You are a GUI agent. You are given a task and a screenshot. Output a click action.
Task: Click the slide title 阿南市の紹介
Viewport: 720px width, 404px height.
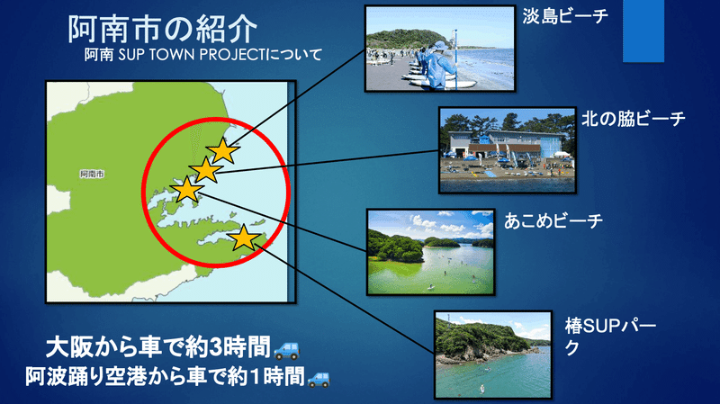163,30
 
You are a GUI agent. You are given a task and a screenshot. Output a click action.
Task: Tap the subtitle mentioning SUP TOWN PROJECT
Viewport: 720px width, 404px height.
203,55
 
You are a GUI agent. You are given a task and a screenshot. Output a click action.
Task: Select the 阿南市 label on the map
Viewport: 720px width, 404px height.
92,174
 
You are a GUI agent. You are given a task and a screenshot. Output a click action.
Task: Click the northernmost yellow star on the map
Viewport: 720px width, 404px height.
222,150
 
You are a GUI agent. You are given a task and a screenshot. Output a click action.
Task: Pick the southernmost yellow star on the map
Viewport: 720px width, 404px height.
244,238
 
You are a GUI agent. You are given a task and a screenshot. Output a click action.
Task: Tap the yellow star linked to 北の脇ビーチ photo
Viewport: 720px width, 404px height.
206,170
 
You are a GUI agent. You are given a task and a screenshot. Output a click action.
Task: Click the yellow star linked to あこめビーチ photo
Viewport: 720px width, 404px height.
187,190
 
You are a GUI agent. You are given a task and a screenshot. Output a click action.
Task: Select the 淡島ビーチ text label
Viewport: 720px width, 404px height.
565,16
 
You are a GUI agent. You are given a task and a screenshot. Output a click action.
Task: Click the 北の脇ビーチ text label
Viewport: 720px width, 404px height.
634,119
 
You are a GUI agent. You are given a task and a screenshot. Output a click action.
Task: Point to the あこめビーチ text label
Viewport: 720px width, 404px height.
553,221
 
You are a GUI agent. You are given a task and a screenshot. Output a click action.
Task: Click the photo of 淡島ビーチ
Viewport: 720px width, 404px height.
440,49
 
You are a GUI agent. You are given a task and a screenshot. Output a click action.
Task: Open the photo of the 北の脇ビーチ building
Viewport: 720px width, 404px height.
508,150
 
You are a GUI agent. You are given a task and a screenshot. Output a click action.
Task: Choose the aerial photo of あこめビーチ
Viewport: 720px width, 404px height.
431,252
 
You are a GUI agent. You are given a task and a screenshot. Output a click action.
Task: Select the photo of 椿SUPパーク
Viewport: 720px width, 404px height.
493,355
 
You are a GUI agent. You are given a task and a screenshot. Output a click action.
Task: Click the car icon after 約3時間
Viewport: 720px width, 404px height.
286,350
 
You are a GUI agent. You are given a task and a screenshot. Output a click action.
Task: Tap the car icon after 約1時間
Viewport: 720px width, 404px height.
319,379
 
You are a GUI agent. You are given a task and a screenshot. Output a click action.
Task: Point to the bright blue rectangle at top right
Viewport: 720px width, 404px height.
643,31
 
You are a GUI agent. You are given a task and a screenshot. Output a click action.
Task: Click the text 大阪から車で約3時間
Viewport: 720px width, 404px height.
158,348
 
